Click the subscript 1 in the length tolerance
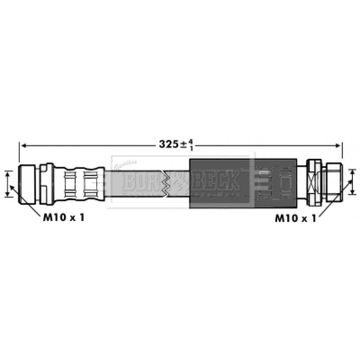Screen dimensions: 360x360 191,148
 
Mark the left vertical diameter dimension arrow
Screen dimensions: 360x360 8,184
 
